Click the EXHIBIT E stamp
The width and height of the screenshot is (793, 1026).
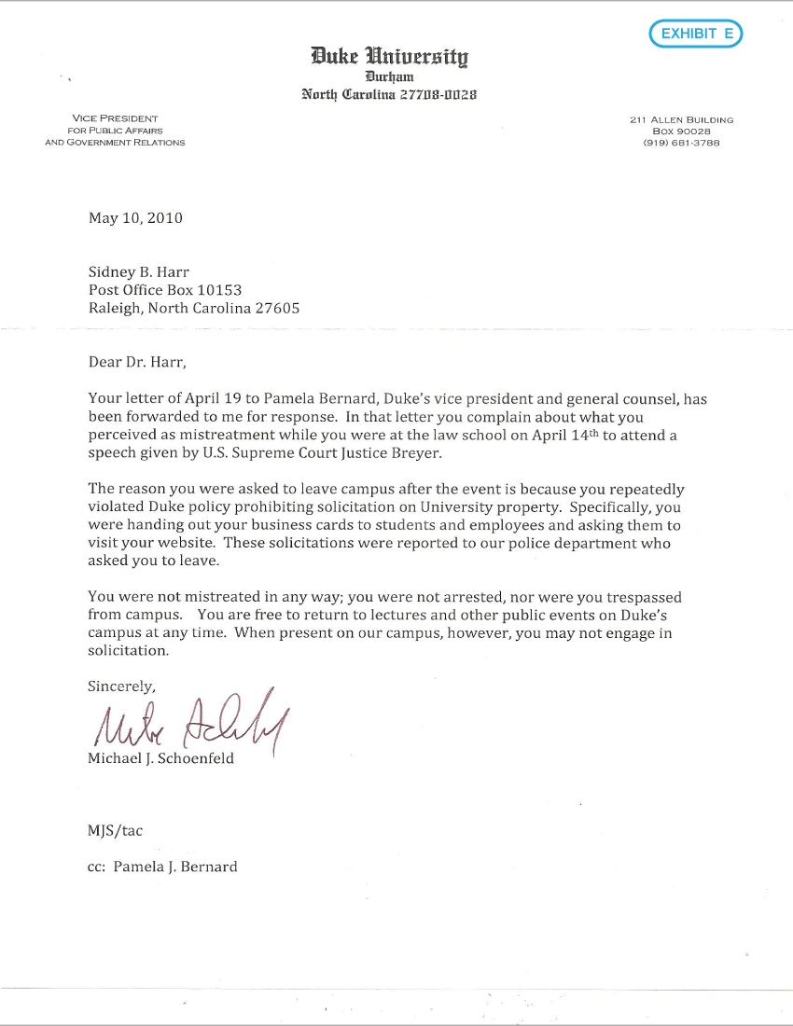(696, 35)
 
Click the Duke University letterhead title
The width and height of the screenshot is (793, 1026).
(390, 57)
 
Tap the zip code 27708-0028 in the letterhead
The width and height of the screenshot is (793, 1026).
(438, 94)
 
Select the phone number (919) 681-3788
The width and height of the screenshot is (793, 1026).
(681, 143)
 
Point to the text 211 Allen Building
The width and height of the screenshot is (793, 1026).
(681, 119)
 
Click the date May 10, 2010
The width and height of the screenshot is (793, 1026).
(135, 218)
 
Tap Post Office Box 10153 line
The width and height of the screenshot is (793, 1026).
(165, 290)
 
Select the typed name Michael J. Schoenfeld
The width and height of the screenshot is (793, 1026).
(161, 758)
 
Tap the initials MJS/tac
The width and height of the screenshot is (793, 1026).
(116, 829)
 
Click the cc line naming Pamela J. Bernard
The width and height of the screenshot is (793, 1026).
(162, 867)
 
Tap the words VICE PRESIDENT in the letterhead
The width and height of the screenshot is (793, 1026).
(115, 118)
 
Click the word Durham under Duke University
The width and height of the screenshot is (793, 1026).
(389, 76)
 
